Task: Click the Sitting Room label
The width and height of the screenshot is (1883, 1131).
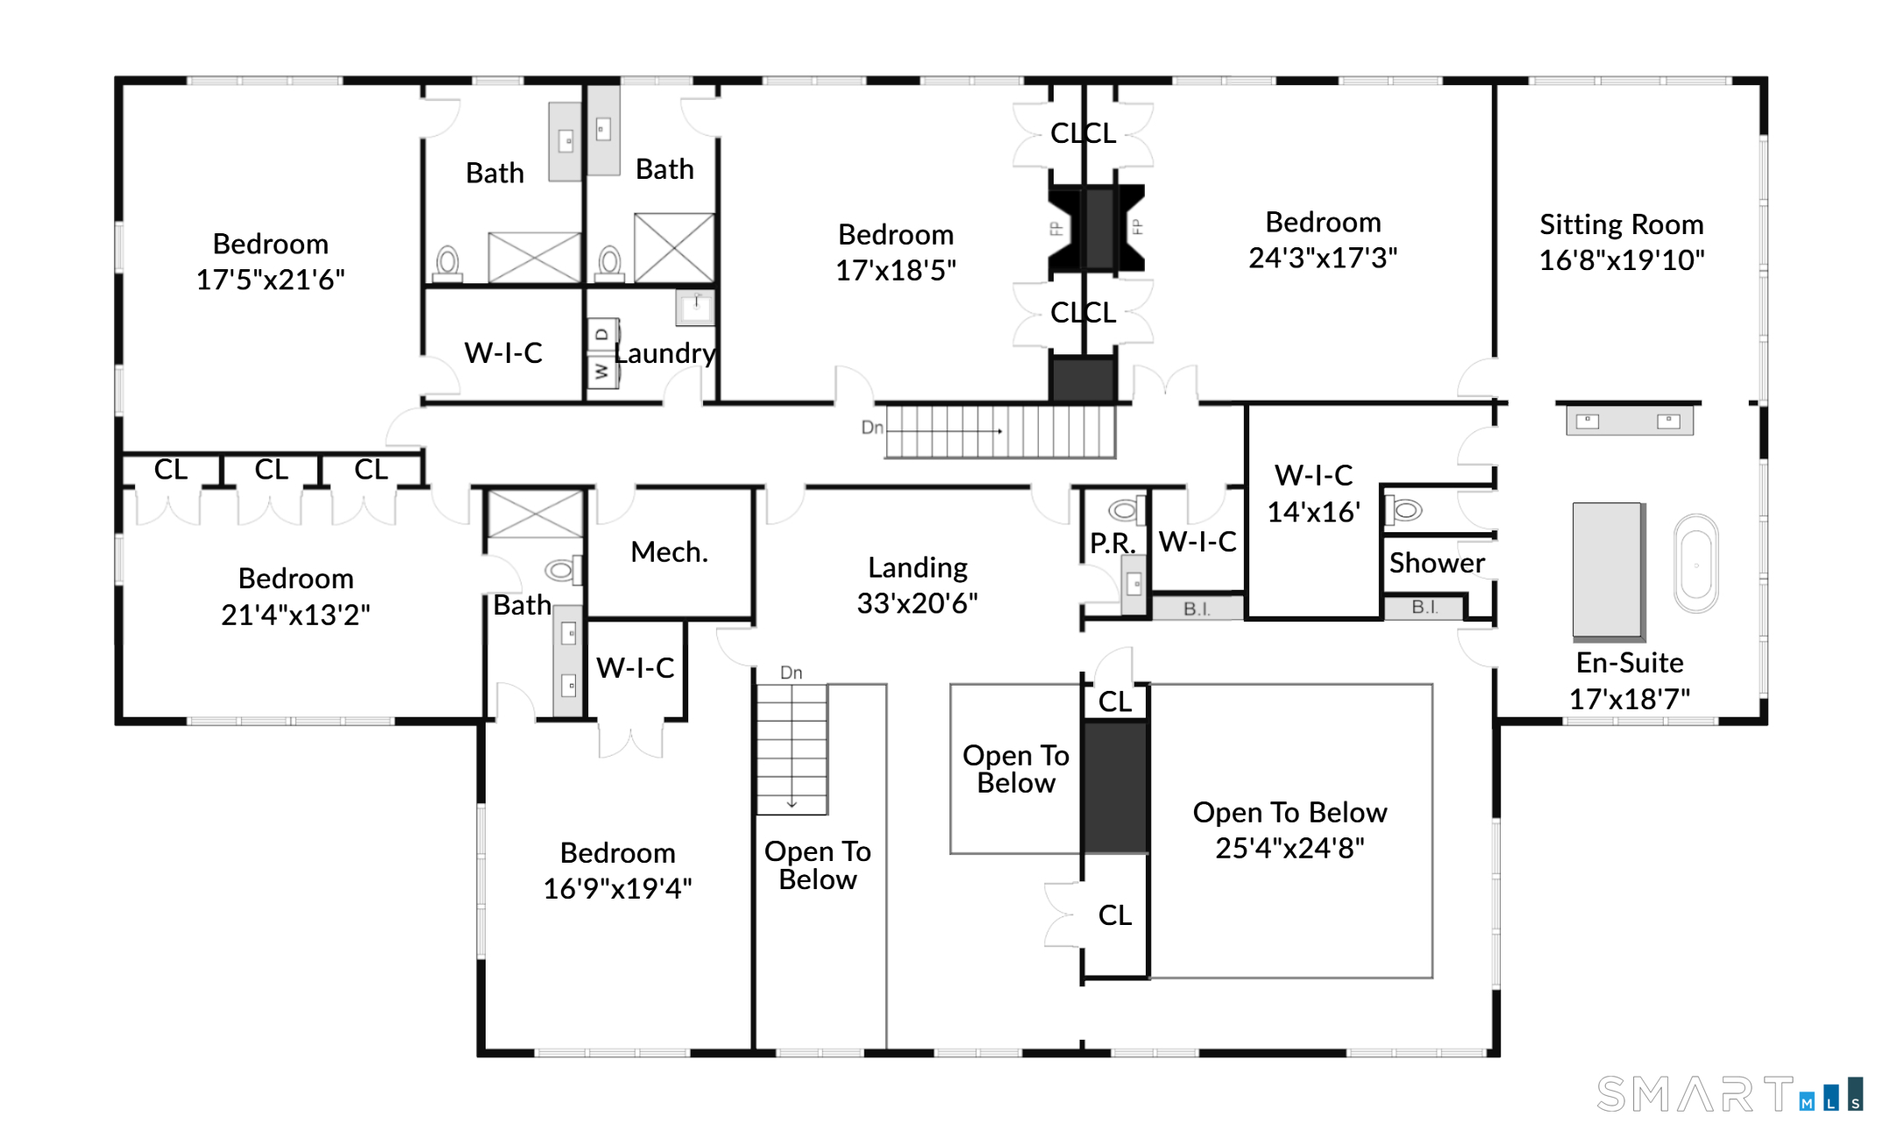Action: point(1622,224)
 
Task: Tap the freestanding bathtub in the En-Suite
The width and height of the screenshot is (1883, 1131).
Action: point(1696,564)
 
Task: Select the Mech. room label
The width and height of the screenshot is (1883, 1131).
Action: point(669,551)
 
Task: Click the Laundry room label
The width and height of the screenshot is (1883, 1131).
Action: point(665,352)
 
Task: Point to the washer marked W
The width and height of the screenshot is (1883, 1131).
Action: point(602,371)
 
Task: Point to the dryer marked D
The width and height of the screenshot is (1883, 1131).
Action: point(602,334)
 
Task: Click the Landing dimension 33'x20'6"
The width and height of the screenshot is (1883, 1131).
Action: point(917,603)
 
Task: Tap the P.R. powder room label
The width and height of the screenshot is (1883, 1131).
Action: point(1112,543)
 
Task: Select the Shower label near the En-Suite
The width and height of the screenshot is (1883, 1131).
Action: point(1437,562)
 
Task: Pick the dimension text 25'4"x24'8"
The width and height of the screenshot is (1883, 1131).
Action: point(1290,848)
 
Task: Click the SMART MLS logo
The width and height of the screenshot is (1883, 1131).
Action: point(1730,1094)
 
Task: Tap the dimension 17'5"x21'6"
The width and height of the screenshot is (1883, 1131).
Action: point(270,280)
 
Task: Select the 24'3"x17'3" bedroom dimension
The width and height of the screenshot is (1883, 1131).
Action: point(1323,258)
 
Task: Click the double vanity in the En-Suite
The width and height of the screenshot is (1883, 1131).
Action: point(1630,421)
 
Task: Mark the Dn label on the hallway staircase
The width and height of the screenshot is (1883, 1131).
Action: point(871,427)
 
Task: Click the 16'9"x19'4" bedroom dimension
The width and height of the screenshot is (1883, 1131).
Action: point(617,888)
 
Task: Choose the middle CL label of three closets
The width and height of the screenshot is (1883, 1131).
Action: point(271,469)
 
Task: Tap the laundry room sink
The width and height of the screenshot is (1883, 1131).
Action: point(696,308)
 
